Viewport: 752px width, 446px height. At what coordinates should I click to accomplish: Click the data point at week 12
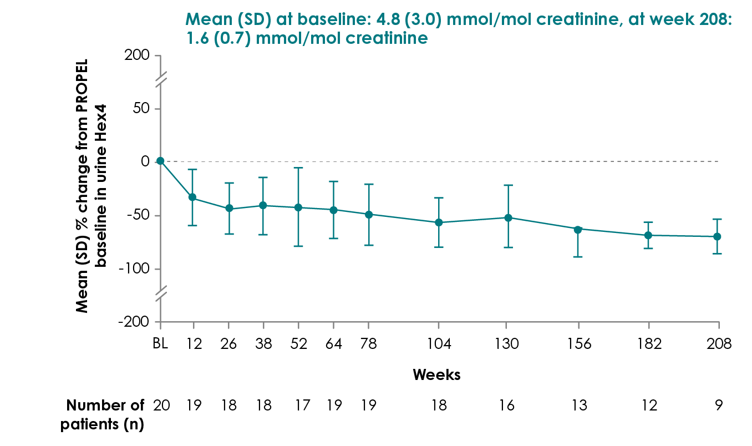pyautogui.click(x=192, y=197)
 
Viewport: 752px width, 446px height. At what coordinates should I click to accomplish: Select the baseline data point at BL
pyautogui.click(x=160, y=161)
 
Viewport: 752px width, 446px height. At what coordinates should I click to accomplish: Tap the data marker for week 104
pyautogui.click(x=439, y=222)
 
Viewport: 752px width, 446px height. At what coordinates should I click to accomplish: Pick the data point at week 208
pyautogui.click(x=717, y=236)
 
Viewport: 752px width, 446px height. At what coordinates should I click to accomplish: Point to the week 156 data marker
pyautogui.click(x=578, y=230)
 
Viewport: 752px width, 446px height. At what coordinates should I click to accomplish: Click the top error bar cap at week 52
pyautogui.click(x=298, y=168)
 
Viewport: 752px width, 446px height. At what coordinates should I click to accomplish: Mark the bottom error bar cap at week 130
pyautogui.click(x=509, y=247)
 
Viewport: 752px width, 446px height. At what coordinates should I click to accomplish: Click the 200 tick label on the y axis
pyautogui.click(x=137, y=55)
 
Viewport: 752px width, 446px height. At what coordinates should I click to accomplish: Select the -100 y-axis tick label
pyautogui.click(x=134, y=269)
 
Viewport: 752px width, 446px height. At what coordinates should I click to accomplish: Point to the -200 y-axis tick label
pyautogui.click(x=134, y=322)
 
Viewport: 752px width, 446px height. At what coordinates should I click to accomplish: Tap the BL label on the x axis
pyautogui.click(x=160, y=343)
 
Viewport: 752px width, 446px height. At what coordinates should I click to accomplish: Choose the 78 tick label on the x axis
pyautogui.click(x=369, y=343)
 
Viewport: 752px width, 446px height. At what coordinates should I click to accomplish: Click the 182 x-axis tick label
pyautogui.click(x=649, y=343)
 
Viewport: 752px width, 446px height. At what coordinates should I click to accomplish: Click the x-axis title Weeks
pyautogui.click(x=436, y=374)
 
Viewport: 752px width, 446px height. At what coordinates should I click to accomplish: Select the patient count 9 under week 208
pyautogui.click(x=718, y=406)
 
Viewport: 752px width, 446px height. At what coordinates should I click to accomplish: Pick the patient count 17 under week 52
pyautogui.click(x=302, y=406)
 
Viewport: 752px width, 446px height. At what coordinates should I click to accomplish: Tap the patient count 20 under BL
pyautogui.click(x=161, y=406)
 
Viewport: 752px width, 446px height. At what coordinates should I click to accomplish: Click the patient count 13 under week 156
pyautogui.click(x=579, y=406)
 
